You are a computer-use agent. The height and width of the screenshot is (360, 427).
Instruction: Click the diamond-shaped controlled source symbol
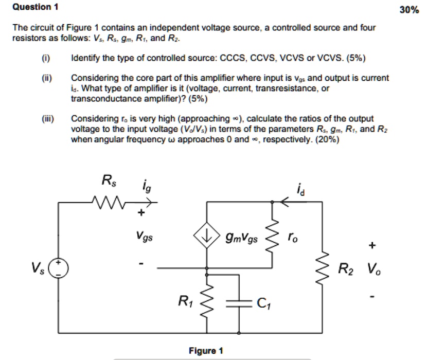tap(207, 237)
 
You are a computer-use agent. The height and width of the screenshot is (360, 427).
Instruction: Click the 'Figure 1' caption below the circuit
tap(206, 351)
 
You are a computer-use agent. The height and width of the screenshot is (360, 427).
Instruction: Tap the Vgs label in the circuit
tap(144, 237)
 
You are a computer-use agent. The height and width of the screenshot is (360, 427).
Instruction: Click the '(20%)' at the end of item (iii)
tap(327, 139)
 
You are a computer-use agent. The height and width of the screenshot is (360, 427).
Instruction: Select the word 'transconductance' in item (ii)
tap(102, 97)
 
